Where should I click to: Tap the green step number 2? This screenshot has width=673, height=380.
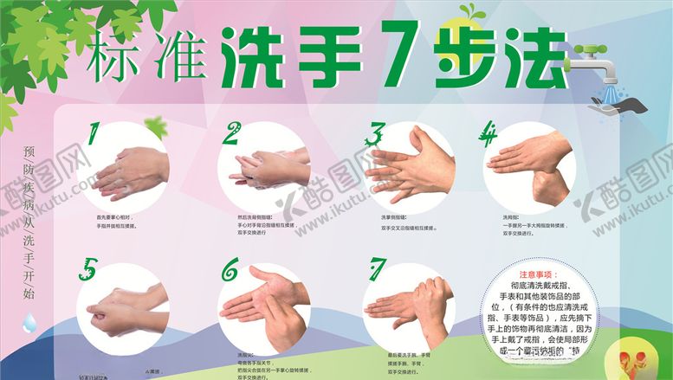point(231,133)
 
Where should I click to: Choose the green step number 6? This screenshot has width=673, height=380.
point(230,270)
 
